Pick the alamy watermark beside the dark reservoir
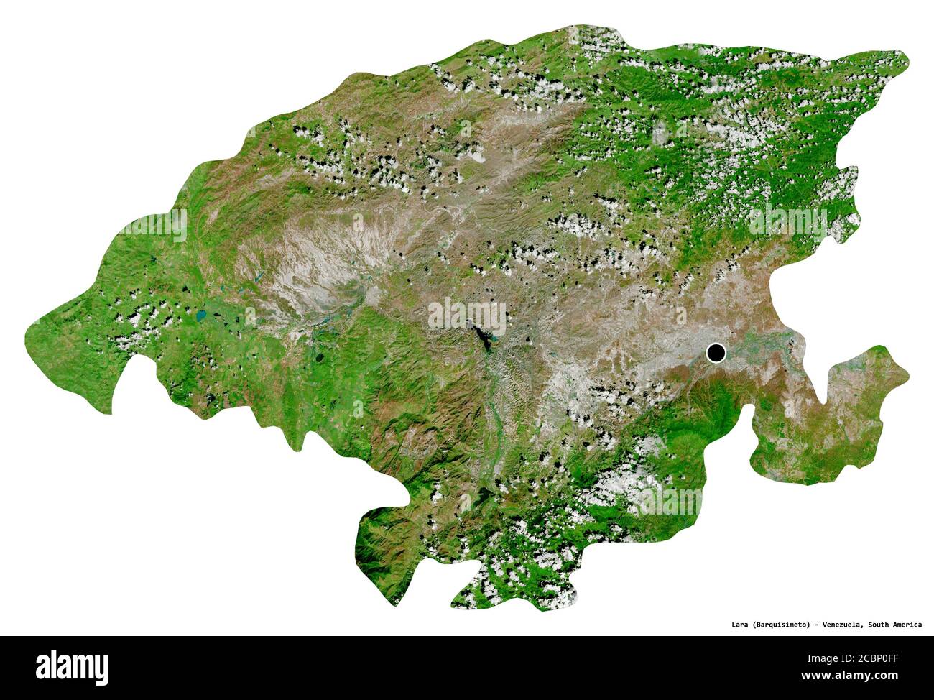467,316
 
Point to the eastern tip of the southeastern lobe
908,374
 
